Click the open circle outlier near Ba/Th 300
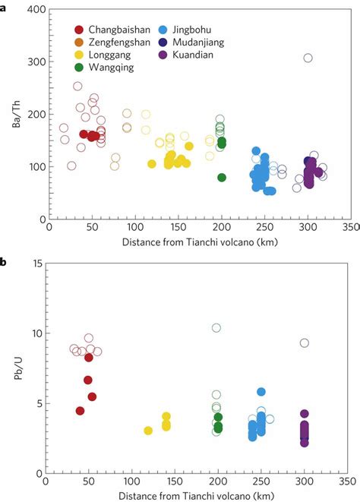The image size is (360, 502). tap(308, 58)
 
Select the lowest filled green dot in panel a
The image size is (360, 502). tap(222, 178)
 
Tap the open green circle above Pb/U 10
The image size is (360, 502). tap(216, 328)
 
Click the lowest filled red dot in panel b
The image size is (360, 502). tap(80, 411)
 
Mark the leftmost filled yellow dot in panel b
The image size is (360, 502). tap(148, 431)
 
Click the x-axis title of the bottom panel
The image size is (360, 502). tap(198, 494)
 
